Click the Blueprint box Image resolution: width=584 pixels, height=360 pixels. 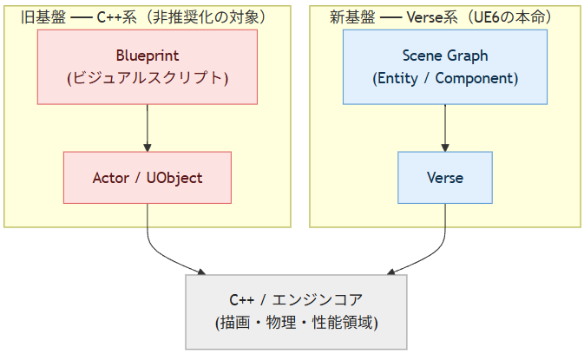tap(148, 67)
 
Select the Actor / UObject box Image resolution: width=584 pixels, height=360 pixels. tap(148, 178)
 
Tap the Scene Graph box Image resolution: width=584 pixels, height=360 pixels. tap(445, 67)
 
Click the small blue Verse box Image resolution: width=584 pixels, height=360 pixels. tap(445, 178)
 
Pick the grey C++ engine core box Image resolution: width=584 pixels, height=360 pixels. tap(296, 312)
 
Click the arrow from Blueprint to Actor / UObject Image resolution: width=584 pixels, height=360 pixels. tap(148, 128)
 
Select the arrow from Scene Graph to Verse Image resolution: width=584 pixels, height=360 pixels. tap(445, 128)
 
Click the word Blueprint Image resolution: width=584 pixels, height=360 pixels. tap(148, 56)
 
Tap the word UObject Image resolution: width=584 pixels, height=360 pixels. tap(174, 178)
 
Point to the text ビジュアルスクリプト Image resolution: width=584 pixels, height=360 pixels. tap(148, 78)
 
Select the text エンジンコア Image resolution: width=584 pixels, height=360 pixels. tap(317, 300)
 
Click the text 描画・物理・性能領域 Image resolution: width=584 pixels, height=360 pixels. tap(296, 323)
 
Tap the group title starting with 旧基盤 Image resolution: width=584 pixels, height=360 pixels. tap(143, 17)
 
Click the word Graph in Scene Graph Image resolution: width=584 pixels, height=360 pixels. tap(468, 56)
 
